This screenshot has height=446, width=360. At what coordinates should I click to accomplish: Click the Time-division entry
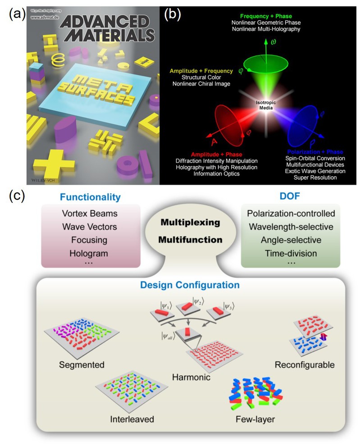(289, 253)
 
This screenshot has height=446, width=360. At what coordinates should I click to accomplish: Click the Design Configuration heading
(189, 285)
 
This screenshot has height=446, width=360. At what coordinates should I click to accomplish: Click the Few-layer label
(255, 419)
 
